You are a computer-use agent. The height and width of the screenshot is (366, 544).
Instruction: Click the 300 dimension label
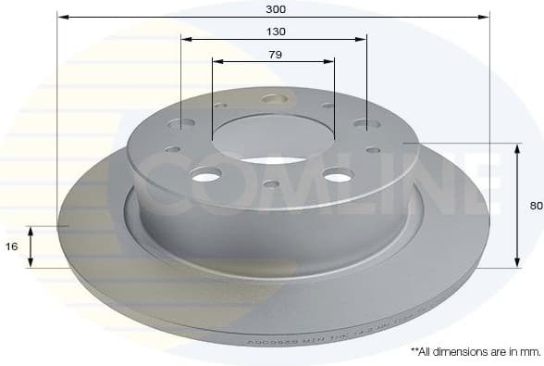pyautogui.click(x=274, y=8)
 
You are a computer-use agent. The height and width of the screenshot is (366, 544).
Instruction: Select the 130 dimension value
pyautogui.click(x=275, y=32)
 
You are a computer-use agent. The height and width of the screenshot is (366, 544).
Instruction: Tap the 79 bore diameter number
pyautogui.click(x=275, y=55)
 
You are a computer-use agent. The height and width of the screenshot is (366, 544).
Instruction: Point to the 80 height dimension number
pyautogui.click(x=536, y=206)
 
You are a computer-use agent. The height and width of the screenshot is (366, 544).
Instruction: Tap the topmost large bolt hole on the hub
pyautogui.click(x=274, y=98)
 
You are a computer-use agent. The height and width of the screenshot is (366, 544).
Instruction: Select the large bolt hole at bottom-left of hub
pyautogui.click(x=206, y=174)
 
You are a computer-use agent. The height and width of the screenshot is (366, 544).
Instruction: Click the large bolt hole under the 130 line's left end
pyautogui.click(x=182, y=122)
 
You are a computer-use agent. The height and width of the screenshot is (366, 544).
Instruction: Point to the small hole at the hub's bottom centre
pyautogui.click(x=271, y=183)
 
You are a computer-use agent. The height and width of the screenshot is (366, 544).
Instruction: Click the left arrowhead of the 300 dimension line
pyautogui.click(x=62, y=17)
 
